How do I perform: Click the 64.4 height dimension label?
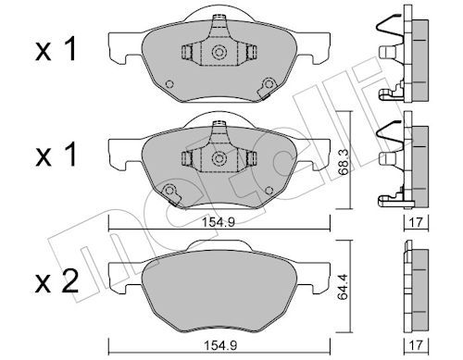tap(343, 287)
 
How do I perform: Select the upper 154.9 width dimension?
tap(219, 222)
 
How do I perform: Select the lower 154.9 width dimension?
tap(220, 345)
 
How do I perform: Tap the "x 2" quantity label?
tap(56, 282)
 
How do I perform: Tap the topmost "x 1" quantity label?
tap(56, 49)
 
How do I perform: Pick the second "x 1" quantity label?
tap(56, 155)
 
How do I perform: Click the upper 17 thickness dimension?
tap(416, 222)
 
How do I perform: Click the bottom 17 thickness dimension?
tap(416, 345)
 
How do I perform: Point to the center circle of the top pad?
tap(219, 52)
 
